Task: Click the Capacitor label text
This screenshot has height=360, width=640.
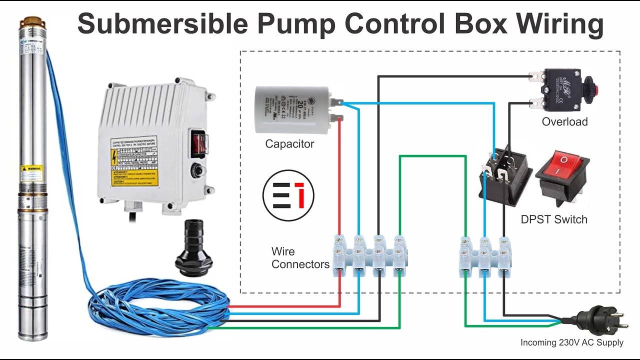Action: pyautogui.click(x=289, y=144)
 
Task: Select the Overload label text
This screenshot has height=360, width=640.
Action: pyautogui.click(x=564, y=121)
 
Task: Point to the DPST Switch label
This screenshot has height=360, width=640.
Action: pyautogui.click(x=554, y=219)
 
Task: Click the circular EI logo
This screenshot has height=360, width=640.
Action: pyautogui.click(x=288, y=195)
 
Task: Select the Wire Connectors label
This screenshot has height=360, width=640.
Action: pyautogui.click(x=300, y=257)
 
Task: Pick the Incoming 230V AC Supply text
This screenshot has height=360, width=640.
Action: pyautogui.click(x=572, y=342)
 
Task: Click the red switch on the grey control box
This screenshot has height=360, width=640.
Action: pyautogui.click(x=198, y=141)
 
